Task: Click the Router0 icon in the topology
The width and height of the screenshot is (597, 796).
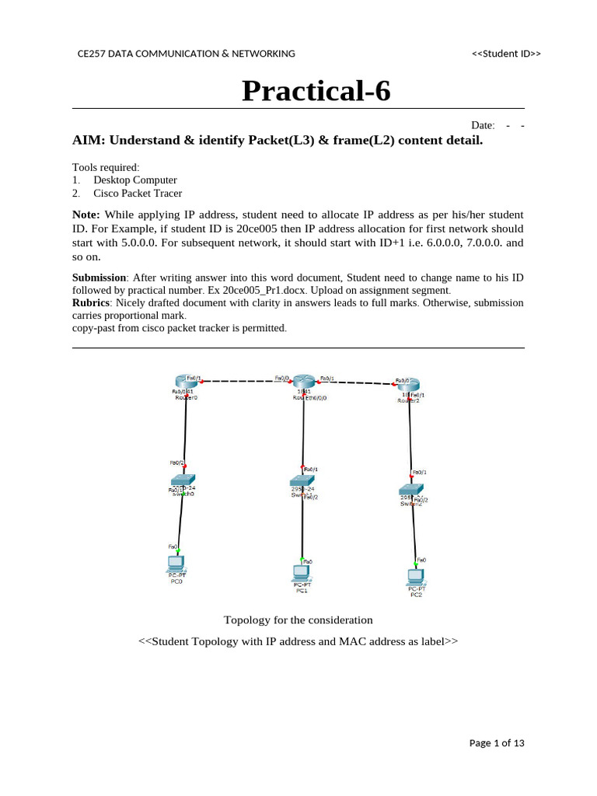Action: (x=187, y=380)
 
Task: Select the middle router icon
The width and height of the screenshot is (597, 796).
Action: (x=302, y=380)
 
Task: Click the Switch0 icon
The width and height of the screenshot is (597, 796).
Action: (x=183, y=480)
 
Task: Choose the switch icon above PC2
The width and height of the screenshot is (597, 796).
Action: (x=410, y=490)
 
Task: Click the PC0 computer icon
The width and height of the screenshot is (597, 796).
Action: (x=176, y=563)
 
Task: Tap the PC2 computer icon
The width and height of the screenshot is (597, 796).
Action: (x=416, y=577)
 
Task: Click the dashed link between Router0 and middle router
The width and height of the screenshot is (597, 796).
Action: (x=237, y=382)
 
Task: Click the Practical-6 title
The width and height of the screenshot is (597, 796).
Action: (x=316, y=91)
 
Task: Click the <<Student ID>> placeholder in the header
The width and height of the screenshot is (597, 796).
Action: (x=506, y=54)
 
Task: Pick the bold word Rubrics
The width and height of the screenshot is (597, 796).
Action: (x=91, y=302)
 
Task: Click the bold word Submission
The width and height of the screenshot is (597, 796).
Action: (x=99, y=278)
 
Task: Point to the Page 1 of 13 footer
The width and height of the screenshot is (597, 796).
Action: (x=497, y=743)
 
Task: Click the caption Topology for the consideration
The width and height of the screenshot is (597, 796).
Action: (x=298, y=620)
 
